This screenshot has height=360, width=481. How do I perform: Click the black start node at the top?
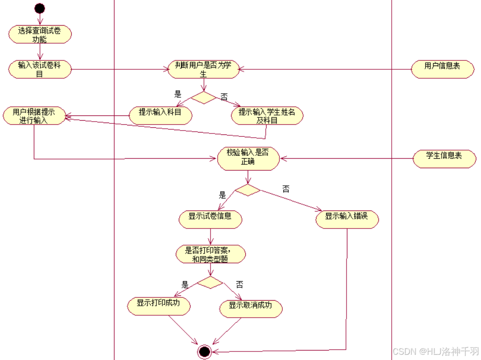click(x=39, y=8)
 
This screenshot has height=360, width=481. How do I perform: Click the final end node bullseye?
click(x=204, y=351)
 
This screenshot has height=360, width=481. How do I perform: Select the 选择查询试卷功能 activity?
click(x=40, y=35)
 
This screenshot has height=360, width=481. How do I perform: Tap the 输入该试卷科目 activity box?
click(x=40, y=69)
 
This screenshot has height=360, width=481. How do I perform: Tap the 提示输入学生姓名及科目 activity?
click(x=267, y=116)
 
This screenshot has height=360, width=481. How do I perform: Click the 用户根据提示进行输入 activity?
click(x=34, y=116)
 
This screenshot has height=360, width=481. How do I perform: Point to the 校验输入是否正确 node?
click(x=249, y=158)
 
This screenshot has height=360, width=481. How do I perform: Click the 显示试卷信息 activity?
click(x=210, y=219)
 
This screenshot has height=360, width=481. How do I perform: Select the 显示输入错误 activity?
click(x=347, y=219)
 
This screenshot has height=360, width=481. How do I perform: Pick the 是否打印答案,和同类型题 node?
click(x=211, y=254)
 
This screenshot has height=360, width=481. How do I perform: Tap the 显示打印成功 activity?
click(x=159, y=306)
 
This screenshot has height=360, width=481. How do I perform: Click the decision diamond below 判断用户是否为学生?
click(x=203, y=97)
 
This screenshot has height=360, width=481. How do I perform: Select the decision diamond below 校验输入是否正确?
click(x=248, y=190)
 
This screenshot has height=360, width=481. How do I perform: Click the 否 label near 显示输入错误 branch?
click(x=286, y=189)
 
